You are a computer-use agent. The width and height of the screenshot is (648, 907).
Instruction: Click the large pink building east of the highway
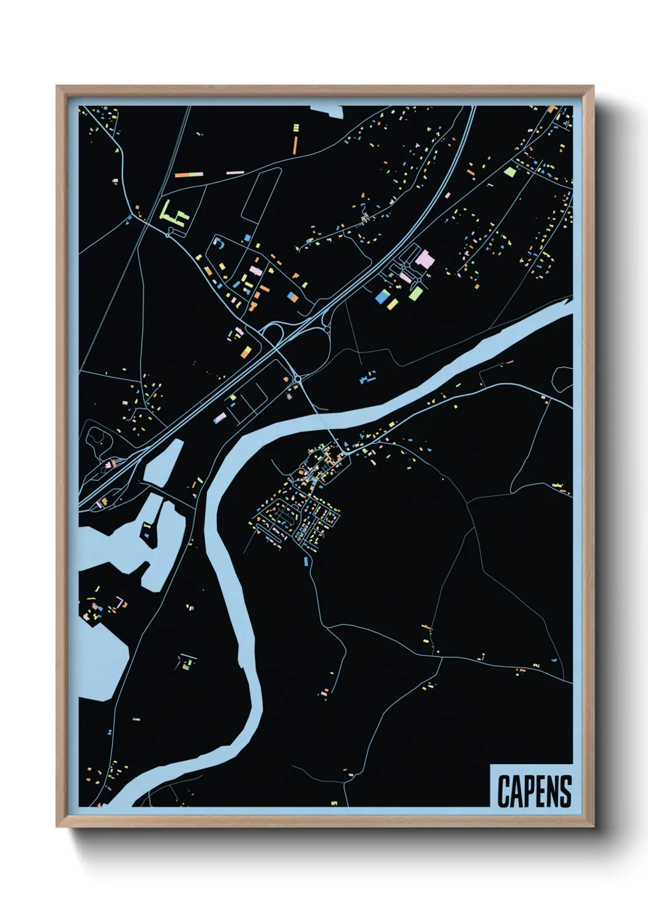424,259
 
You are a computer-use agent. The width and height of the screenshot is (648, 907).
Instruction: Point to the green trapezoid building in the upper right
510,172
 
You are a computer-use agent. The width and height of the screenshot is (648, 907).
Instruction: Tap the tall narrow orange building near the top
295,144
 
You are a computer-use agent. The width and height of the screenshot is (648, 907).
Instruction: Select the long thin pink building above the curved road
235,173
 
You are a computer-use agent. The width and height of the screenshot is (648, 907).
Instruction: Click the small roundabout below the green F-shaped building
168,233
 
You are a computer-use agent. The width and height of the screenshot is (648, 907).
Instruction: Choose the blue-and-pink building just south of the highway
219,417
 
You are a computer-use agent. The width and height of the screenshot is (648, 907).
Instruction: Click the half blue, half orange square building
292,296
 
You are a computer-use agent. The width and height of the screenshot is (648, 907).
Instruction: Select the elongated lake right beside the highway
162,461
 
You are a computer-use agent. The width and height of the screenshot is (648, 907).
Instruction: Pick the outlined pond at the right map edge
563,378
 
